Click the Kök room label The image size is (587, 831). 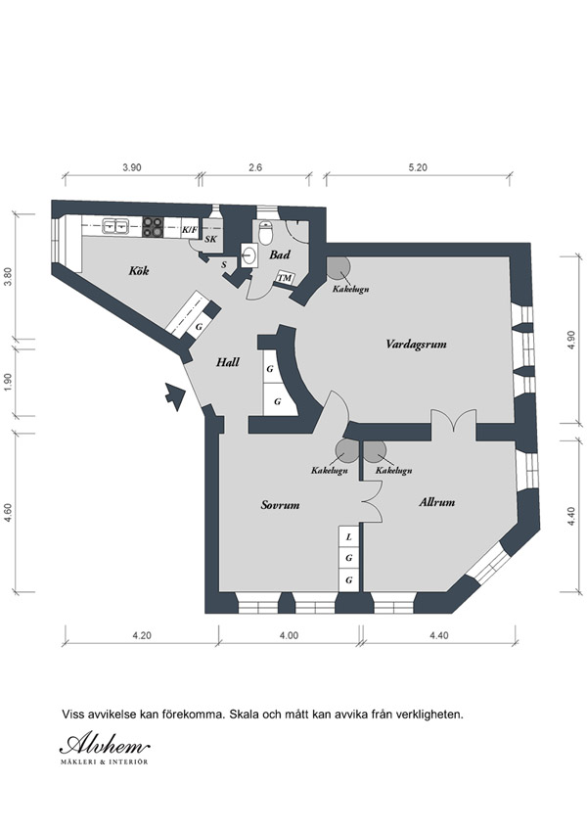[x=139, y=271]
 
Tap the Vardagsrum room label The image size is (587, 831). [x=416, y=345]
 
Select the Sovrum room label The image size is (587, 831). [x=280, y=505]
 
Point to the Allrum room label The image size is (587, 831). [x=436, y=502]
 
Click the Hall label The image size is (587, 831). [x=227, y=362]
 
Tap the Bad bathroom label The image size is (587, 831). [x=279, y=254]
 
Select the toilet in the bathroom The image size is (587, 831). [x=265, y=232]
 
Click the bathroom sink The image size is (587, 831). [x=248, y=256]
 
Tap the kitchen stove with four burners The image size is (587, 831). [x=153, y=227]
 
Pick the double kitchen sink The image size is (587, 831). [x=115, y=226]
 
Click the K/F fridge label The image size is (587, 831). [x=189, y=230]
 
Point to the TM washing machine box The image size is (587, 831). [x=285, y=278]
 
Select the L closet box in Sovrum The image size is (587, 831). [x=348, y=536]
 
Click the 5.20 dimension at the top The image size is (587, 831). [x=418, y=167]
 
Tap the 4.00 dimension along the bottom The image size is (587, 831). [x=289, y=635]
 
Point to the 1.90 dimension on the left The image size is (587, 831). [x=8, y=382]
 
